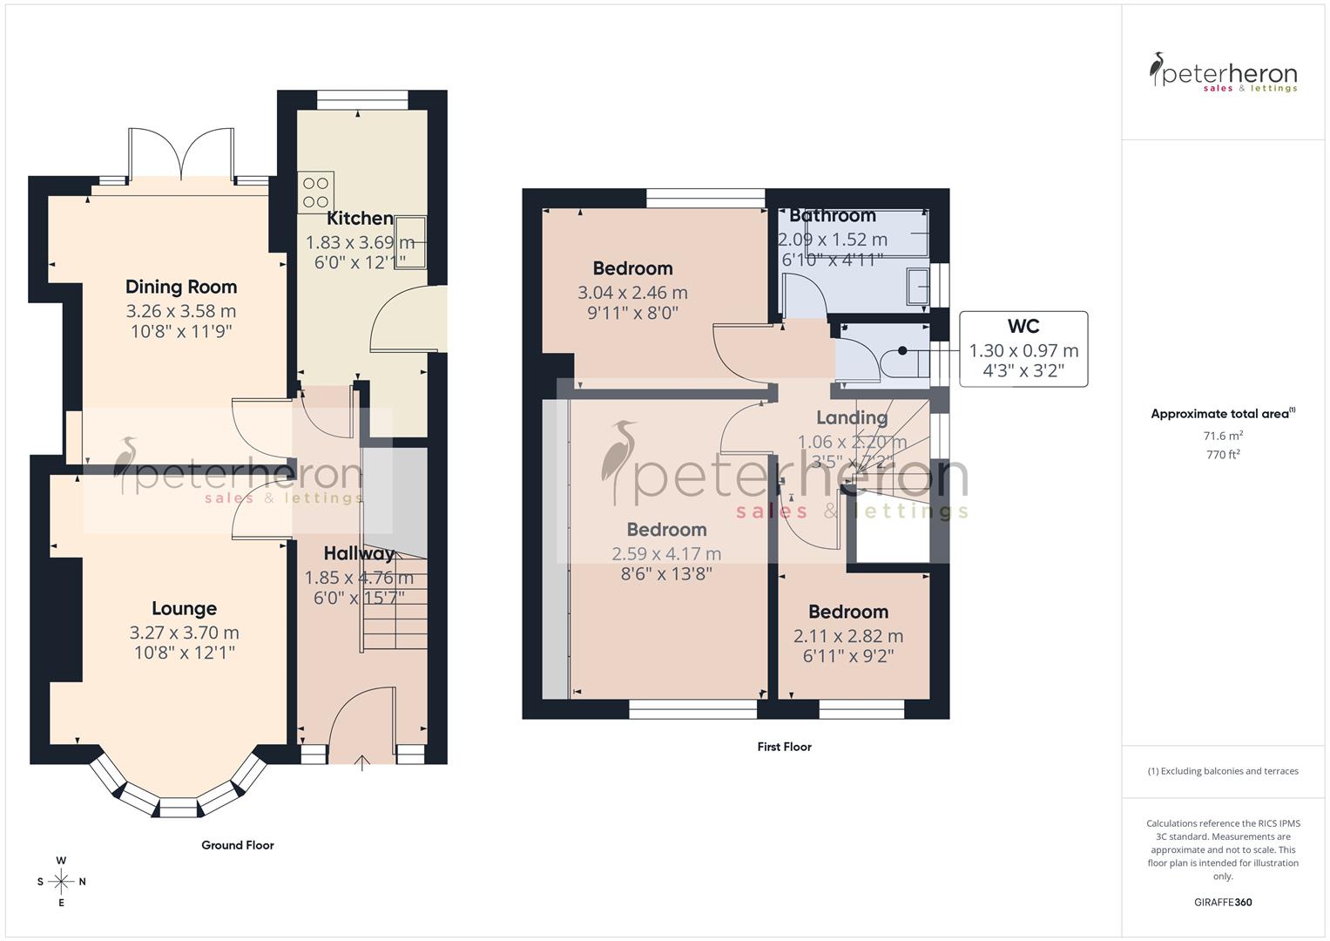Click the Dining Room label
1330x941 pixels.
tap(180, 287)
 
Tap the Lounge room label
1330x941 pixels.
tap(184, 609)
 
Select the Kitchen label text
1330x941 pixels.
tap(360, 219)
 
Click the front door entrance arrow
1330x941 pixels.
tap(362, 763)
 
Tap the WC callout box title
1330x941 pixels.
tap(1023, 327)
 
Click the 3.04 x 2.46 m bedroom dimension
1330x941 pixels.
tap(632, 293)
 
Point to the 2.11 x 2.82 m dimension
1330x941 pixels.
tap(847, 636)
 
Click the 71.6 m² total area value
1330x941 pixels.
tap(1223, 436)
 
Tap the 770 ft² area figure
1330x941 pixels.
tap(1223, 455)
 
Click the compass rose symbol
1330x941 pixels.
tap(61, 882)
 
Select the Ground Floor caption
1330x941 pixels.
tap(237, 845)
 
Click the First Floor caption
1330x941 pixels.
tap(784, 747)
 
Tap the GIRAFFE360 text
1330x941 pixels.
tap(1223, 903)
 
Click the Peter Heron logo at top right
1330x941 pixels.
tap(1223, 73)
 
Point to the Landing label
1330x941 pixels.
tap(851, 418)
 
